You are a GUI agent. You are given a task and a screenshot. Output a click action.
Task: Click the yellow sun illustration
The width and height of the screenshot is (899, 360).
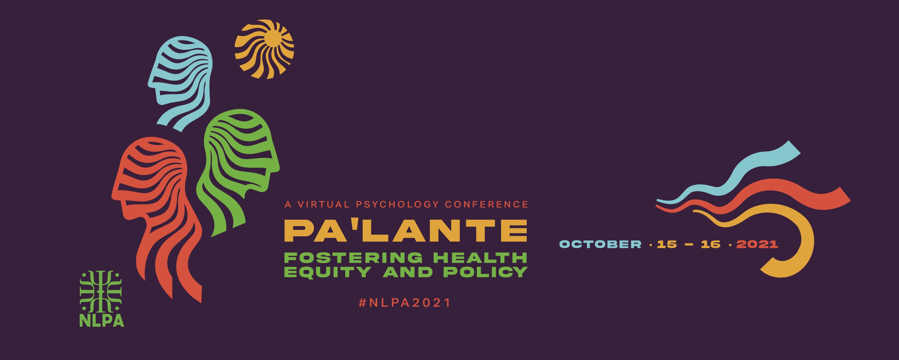click(264, 49)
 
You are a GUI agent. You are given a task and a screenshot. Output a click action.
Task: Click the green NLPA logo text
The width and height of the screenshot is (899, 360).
click(102, 321)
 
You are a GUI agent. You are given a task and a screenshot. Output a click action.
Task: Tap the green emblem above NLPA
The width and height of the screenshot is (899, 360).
click(101, 292)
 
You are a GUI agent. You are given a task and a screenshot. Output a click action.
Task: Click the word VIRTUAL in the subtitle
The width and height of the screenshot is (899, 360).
click(324, 204)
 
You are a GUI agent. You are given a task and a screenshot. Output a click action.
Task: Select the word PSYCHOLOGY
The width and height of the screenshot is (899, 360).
click(397, 204)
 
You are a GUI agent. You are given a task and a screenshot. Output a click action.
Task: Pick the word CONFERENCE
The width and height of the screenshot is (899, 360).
click(486, 204)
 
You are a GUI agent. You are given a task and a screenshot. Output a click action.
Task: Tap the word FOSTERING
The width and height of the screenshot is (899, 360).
click(353, 258)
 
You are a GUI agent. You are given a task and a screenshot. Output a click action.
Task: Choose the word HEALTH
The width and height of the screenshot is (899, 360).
click(480, 258)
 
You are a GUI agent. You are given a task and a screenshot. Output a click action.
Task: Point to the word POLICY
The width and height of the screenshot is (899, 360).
click(486, 272)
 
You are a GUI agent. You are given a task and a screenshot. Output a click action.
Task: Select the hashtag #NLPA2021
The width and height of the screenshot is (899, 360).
click(405, 302)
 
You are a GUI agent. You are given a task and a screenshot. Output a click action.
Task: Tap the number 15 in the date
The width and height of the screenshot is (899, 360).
click(667, 244)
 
